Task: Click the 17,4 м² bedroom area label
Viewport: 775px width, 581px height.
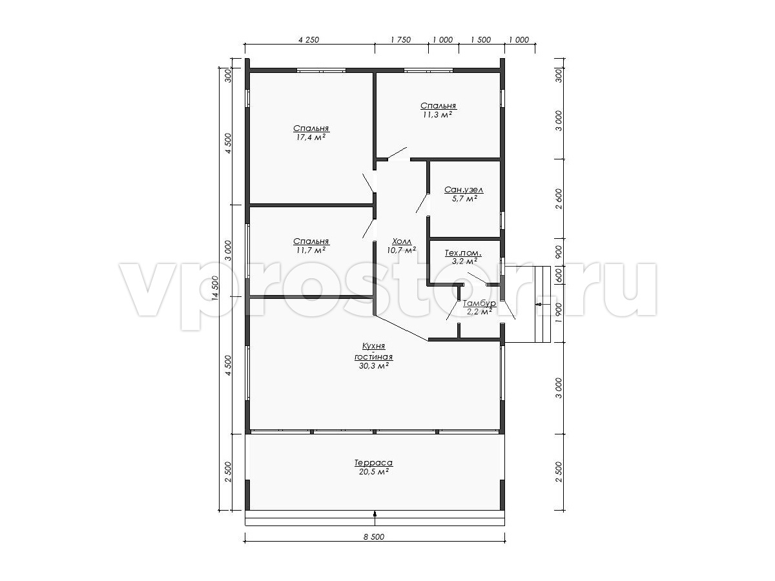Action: coord(311,138)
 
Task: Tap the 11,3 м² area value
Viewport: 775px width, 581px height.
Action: coord(438,115)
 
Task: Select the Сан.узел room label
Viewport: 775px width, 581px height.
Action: coord(464,190)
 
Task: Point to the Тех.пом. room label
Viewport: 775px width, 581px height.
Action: coord(463,253)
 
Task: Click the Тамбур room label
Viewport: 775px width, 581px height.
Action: coord(479,303)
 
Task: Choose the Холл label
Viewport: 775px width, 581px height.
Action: coord(402,241)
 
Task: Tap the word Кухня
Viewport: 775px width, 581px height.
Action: coord(373,346)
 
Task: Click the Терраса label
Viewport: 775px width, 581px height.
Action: coord(373,462)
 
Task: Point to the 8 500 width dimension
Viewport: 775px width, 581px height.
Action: coord(374,536)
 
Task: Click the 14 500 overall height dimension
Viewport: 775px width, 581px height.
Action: coord(215,288)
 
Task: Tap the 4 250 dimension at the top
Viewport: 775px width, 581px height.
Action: coord(309,40)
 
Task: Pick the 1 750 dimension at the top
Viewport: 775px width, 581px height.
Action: coord(401,40)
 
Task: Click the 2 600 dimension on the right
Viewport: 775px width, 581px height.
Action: coord(559,199)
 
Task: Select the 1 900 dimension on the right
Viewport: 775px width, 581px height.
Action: coord(559,312)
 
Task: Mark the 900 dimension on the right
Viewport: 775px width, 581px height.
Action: coord(559,252)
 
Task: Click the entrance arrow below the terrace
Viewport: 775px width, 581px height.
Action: coord(375,515)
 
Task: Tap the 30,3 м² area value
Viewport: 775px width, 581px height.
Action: coord(374,366)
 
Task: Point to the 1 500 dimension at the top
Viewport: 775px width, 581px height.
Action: coord(481,40)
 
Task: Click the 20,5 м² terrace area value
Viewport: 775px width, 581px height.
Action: coord(374,472)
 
